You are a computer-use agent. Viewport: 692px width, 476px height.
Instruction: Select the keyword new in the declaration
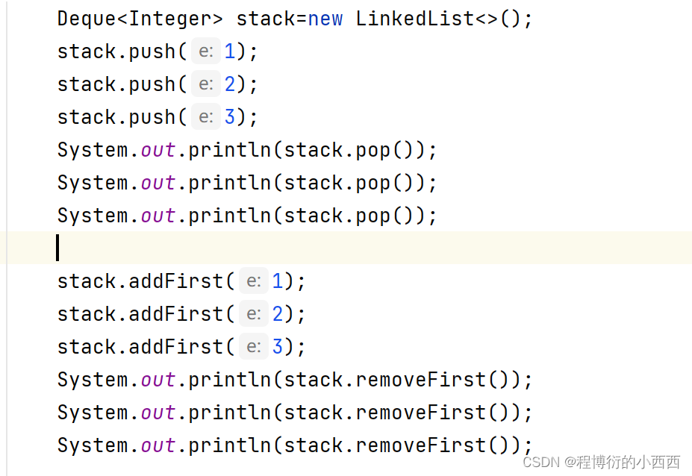click(325, 18)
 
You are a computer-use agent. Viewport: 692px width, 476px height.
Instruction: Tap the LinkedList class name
click(415, 18)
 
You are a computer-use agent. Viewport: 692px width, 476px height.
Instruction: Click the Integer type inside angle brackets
click(170, 18)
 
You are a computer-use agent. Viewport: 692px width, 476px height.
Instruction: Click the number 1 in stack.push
click(230, 51)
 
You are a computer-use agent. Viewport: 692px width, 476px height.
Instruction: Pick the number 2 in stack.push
click(230, 84)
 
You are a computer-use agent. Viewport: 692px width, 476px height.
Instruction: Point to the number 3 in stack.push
click(230, 117)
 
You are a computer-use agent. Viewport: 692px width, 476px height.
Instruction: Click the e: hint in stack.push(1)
click(206, 51)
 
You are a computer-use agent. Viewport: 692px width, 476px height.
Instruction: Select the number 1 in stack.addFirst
click(278, 281)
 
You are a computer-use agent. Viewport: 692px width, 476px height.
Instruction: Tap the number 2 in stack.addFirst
click(278, 314)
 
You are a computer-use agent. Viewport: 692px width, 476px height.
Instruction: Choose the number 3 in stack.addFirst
click(278, 347)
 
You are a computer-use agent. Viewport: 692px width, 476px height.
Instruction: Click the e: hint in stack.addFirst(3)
click(254, 347)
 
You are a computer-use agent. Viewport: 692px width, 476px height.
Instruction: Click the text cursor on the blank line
click(57, 248)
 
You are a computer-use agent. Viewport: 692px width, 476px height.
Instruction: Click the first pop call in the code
click(373, 150)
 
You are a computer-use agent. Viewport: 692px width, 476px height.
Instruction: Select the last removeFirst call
click(421, 445)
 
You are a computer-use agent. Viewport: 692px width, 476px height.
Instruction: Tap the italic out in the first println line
click(158, 150)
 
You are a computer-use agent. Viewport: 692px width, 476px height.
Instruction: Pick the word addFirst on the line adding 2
click(176, 314)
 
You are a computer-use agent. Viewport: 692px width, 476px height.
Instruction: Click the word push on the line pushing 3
click(152, 117)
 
